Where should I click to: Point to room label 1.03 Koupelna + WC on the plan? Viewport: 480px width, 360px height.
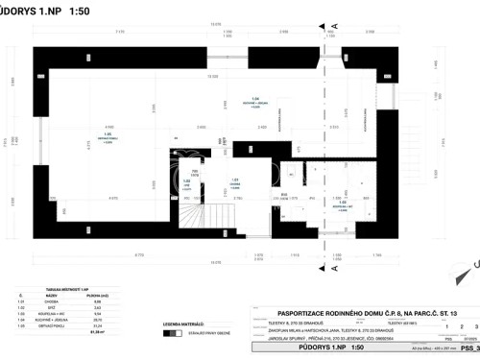coord(339,204)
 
